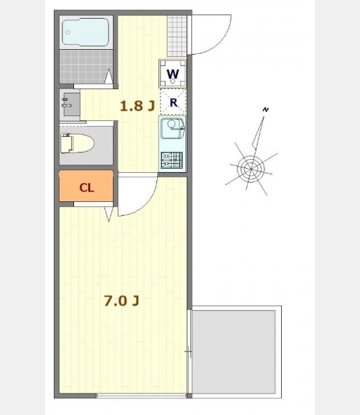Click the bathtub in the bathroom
pyautogui.click(x=85, y=32)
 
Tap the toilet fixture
pyautogui.click(x=77, y=143)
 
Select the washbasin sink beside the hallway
pyautogui.click(x=69, y=104)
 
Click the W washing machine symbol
pyautogui.click(x=172, y=73)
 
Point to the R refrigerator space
pyautogui.click(x=173, y=102)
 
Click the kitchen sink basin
pyautogui.click(x=172, y=128)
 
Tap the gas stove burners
pyautogui.click(x=172, y=160)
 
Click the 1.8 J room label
pyautogui.click(x=137, y=106)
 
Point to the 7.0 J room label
pyautogui.click(x=122, y=301)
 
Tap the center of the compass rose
pyautogui.click(x=251, y=168)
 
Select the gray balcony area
pyautogui.click(x=233, y=352)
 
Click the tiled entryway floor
pyautogui.click(x=177, y=36)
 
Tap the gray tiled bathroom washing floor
pyautogui.click(x=86, y=66)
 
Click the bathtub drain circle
pyautogui.click(x=68, y=33)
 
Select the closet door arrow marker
pyautogui.click(x=109, y=214)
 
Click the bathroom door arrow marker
pyautogui.click(x=109, y=77)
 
